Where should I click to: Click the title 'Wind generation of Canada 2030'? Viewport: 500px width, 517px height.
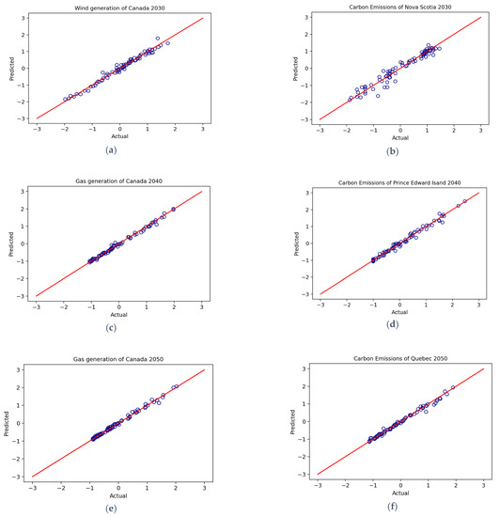pyautogui.click(x=119, y=8)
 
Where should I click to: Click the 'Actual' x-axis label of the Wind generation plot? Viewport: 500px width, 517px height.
pyautogui.click(x=119, y=135)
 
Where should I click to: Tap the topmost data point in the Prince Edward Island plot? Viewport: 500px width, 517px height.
pyautogui.click(x=465, y=201)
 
